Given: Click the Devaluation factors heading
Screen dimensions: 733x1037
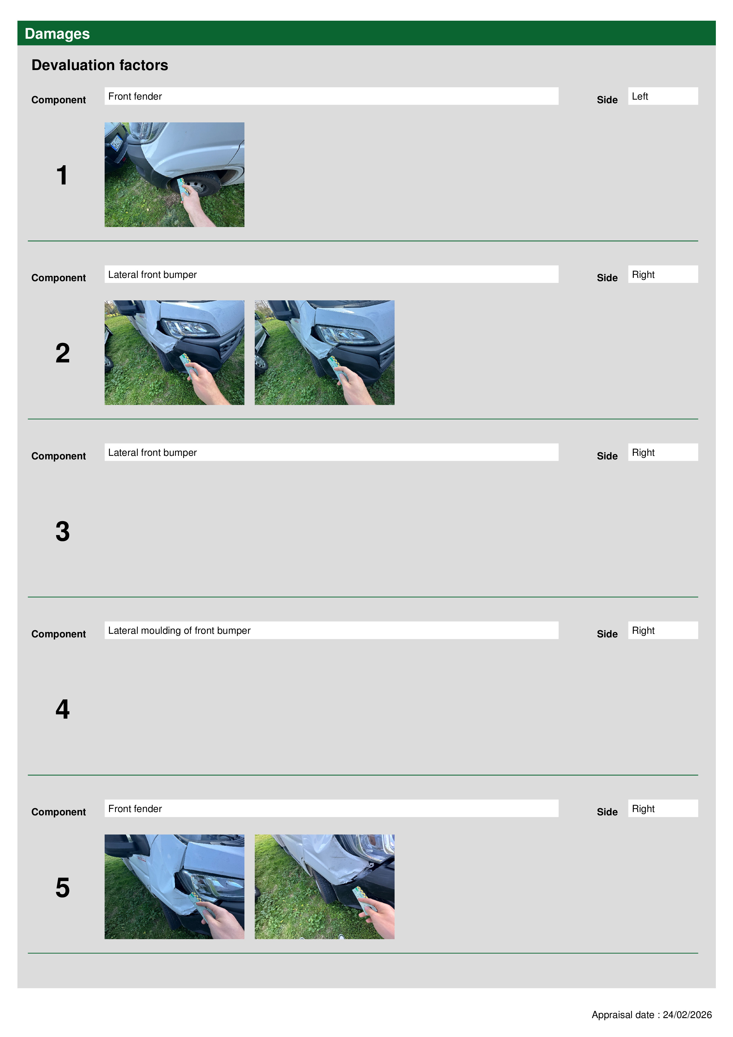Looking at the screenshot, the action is (x=100, y=65).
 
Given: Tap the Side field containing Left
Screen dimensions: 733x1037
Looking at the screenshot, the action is (x=663, y=96).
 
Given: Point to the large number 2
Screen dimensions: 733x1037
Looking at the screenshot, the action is (x=63, y=353).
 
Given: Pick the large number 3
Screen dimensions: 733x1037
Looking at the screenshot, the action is (x=63, y=531).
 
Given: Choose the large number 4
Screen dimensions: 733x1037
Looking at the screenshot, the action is (x=63, y=709).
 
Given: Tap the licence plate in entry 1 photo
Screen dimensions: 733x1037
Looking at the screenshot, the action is (x=116, y=143).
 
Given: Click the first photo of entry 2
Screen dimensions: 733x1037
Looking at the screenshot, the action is (x=174, y=353).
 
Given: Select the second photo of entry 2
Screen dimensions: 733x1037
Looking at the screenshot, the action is (x=324, y=353).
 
